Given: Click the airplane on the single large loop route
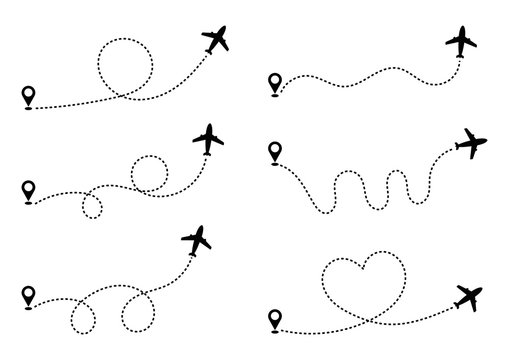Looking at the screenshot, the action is coord(217,40).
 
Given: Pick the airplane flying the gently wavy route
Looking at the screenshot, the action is coord(462,43).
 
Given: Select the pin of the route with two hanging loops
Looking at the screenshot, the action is coord(28,296).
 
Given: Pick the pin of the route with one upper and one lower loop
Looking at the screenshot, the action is coord(27,186).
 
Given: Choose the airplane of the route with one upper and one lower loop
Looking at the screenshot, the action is coord(209,140).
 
